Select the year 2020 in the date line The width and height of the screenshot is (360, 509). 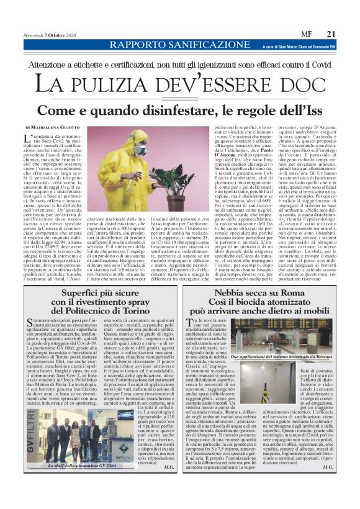(x=68, y=35)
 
